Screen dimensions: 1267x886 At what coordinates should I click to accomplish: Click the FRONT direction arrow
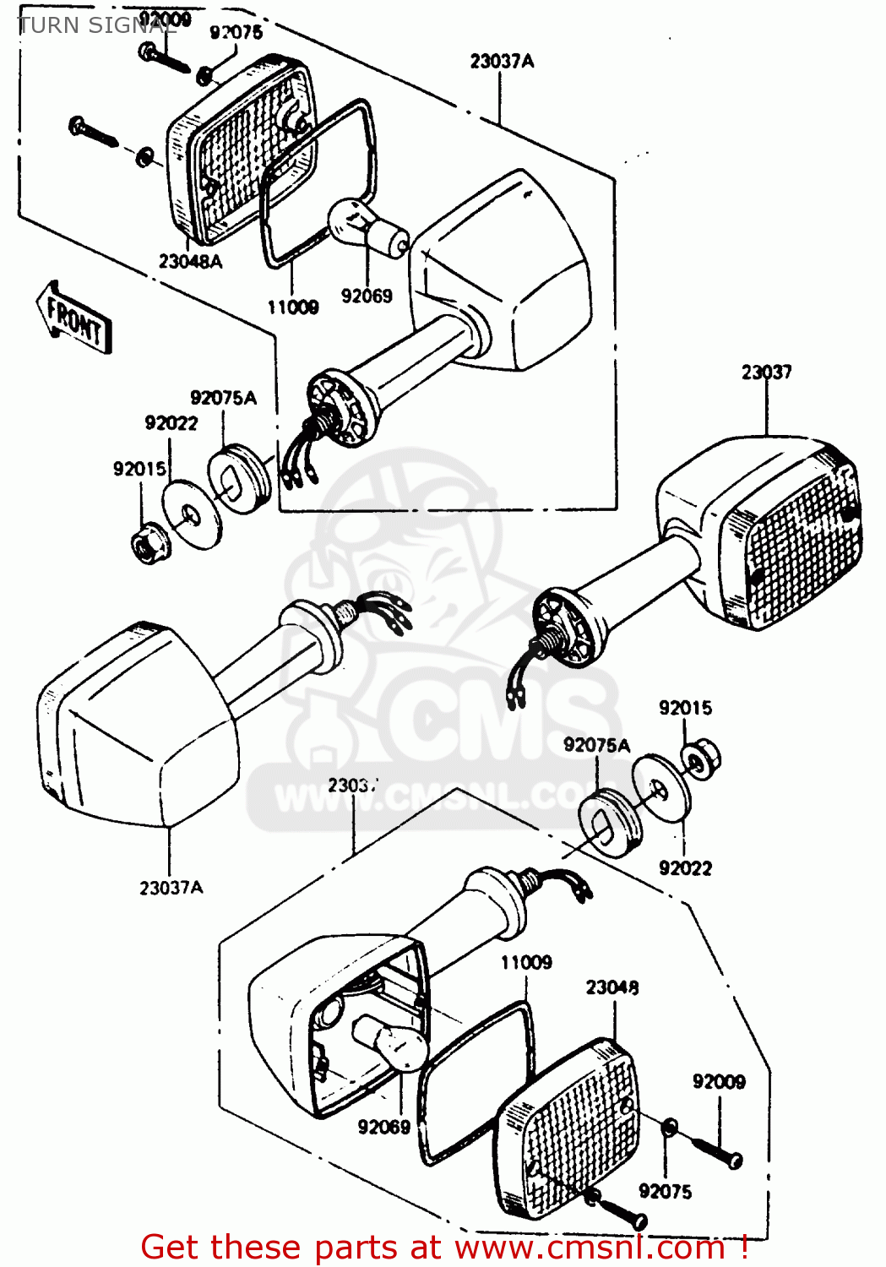[74, 318]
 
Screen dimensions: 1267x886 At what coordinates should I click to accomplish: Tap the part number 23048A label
[190, 262]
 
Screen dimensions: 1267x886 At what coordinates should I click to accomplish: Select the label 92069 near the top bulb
[367, 296]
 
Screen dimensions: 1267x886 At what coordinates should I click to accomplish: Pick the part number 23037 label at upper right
[766, 372]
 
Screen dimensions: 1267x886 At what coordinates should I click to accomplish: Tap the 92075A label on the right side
[596, 745]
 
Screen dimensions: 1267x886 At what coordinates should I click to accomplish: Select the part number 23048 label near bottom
[612, 987]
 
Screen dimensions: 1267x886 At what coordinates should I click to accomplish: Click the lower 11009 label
[526, 962]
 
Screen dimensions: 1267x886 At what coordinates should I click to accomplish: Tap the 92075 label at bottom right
[665, 1191]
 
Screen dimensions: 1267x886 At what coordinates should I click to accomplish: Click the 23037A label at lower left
[171, 888]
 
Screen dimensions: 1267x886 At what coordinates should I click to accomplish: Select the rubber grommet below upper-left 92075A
[240, 480]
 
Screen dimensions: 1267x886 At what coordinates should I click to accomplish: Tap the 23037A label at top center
[502, 61]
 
